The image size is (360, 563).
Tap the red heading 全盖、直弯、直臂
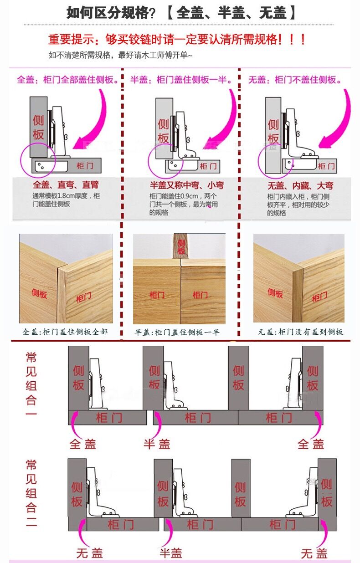coord(66,185)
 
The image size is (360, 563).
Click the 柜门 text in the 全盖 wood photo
coord(83,298)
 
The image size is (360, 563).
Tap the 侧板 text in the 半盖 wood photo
coord(181,246)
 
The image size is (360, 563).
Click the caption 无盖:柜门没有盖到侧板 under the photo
coord(300,332)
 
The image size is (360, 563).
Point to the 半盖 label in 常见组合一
coord(157,444)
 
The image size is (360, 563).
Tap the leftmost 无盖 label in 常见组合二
coord(89,553)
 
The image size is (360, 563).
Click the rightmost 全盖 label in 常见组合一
coord(311,444)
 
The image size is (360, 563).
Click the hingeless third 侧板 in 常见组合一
coord(238,378)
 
